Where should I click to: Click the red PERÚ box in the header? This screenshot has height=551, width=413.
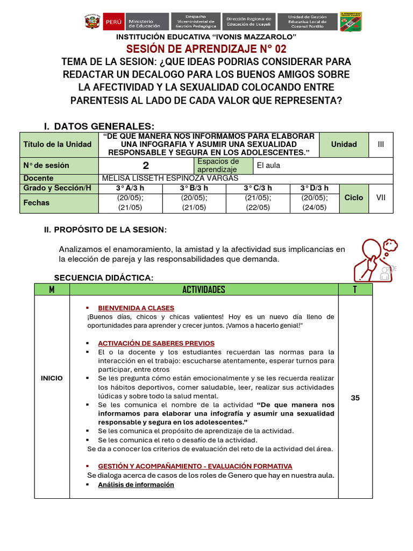pyautogui.click(x=113, y=22)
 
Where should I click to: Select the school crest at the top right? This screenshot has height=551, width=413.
pyautogui.click(x=351, y=22)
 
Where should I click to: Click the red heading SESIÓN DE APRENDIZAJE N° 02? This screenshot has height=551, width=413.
pyautogui.click(x=206, y=49)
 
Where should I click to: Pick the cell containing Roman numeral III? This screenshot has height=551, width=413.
pyautogui.click(x=381, y=144)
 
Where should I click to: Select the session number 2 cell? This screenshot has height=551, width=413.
pyautogui.click(x=146, y=166)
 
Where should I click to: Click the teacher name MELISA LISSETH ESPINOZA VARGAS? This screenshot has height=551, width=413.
pyautogui.click(x=169, y=178)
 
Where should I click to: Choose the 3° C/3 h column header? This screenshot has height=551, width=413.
pyautogui.click(x=258, y=188)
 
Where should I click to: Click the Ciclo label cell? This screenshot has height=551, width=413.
pyautogui.click(x=354, y=197)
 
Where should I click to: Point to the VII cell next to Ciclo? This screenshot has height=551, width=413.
pyautogui.click(x=381, y=197)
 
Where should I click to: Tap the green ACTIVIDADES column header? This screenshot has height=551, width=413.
pyautogui.click(x=204, y=289)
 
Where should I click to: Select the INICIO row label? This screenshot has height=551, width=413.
pyautogui.click(x=52, y=378)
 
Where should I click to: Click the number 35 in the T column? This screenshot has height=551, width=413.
pyautogui.click(x=355, y=398)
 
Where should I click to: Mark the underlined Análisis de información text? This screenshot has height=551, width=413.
pyautogui.click(x=136, y=485)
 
